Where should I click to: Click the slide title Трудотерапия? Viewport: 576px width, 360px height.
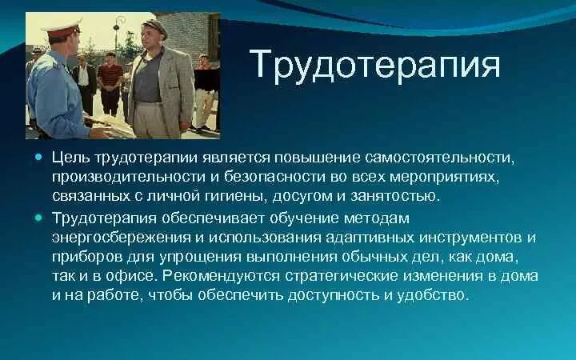375,64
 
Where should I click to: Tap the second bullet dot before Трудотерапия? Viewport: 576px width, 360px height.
39,217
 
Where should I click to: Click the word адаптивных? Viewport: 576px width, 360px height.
346,238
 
